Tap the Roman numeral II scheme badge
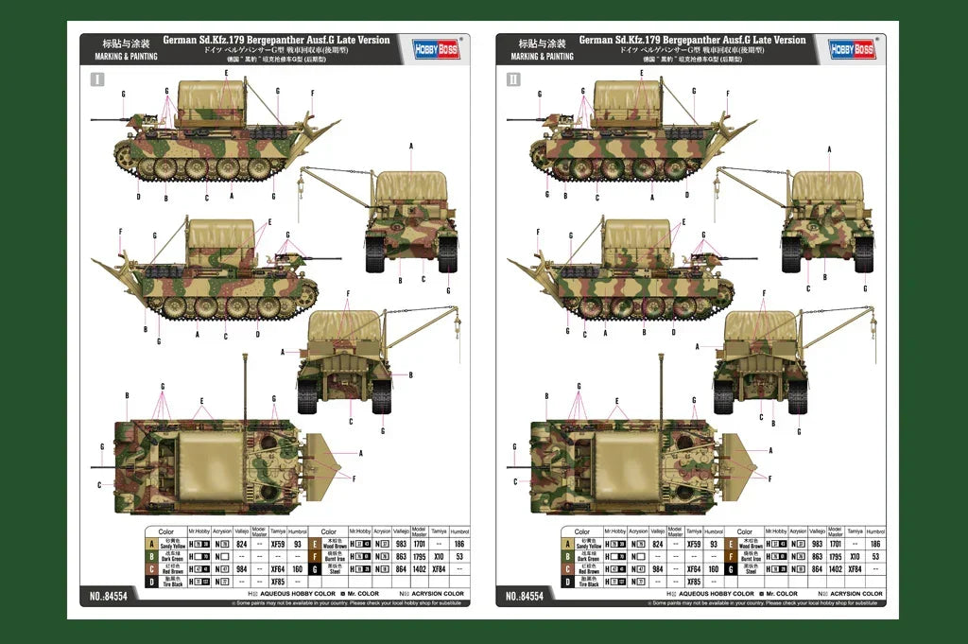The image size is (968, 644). pos(512,79)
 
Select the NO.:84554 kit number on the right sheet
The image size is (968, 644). pos(524,597)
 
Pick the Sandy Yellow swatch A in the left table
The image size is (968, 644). pos(151,544)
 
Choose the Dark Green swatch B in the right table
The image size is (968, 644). pos(567,557)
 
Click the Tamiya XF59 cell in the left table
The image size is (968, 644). pos(278,545)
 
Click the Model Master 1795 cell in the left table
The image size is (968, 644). pos(419,557)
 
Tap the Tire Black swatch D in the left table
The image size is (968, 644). pos(151,582)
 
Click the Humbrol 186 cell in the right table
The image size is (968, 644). pos(875,545)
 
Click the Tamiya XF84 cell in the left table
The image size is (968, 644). pos(439,569)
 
